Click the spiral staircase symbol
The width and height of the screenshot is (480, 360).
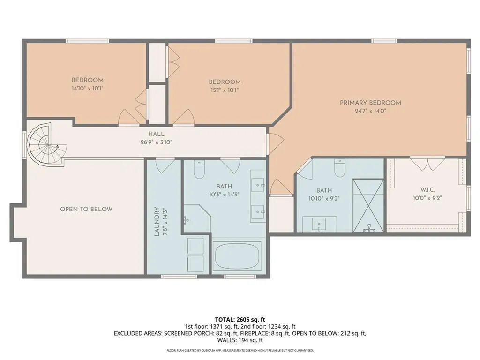pos(47,143)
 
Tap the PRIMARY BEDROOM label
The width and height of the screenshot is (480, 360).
pos(370,103)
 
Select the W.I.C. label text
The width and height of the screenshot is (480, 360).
pos(427,190)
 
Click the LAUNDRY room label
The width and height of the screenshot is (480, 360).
pos(157,221)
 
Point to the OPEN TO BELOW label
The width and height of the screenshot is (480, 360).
pos(86,209)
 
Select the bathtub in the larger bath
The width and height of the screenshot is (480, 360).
pos(237,256)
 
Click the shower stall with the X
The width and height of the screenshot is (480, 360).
pos(368,205)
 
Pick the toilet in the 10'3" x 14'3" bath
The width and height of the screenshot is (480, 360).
pos(199,169)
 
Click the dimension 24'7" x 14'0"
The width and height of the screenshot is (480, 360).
pos(370,111)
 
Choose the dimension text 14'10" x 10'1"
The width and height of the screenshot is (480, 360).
pos(87,88)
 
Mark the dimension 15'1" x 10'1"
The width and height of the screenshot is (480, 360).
pos(225,90)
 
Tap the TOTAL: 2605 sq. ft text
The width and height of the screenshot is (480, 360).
pos(240,319)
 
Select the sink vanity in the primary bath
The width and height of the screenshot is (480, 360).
pos(319,224)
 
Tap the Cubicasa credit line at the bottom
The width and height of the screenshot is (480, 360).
pos(240,350)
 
